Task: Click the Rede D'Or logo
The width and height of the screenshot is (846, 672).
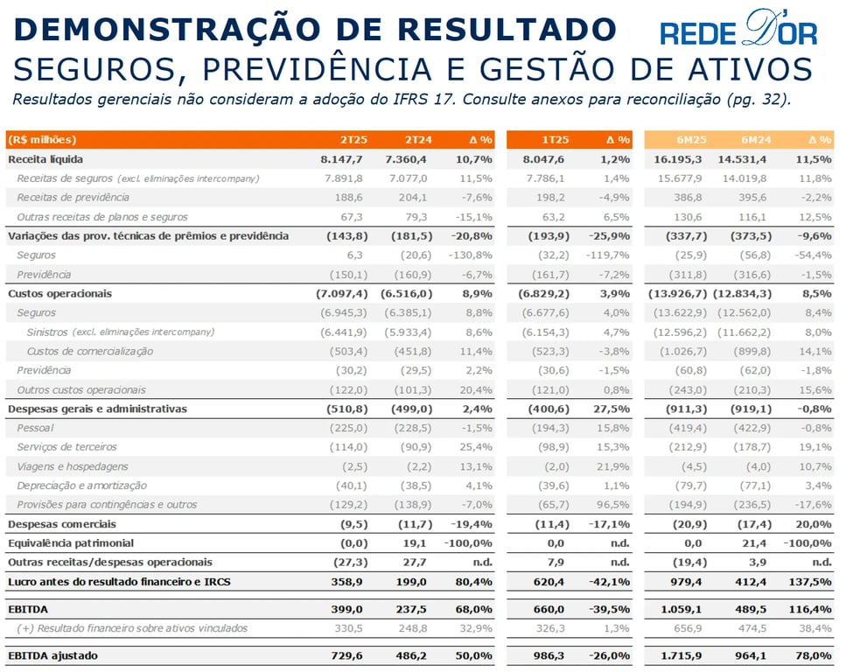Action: (738, 29)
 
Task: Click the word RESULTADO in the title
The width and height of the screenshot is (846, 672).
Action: (507, 29)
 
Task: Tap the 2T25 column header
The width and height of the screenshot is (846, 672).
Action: (353, 140)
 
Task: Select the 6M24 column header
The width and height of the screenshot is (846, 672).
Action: (756, 140)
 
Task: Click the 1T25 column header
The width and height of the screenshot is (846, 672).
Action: (556, 140)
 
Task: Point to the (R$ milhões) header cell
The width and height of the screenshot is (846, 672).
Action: (41, 140)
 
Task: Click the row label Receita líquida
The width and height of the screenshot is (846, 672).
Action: (45, 159)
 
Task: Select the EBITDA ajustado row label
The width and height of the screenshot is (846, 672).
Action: (52, 655)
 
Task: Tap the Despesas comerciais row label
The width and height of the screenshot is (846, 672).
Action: (62, 524)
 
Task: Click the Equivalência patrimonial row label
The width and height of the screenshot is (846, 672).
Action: (71, 543)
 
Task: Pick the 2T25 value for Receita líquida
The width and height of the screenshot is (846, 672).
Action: (341, 159)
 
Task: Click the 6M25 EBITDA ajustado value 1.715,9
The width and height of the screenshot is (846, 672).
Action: (682, 655)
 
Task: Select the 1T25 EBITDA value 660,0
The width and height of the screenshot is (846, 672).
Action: (549, 609)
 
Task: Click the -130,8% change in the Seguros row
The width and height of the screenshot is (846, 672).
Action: (470, 255)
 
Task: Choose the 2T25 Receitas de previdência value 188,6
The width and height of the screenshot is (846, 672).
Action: (348, 198)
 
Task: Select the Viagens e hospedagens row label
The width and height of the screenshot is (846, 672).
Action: (73, 466)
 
